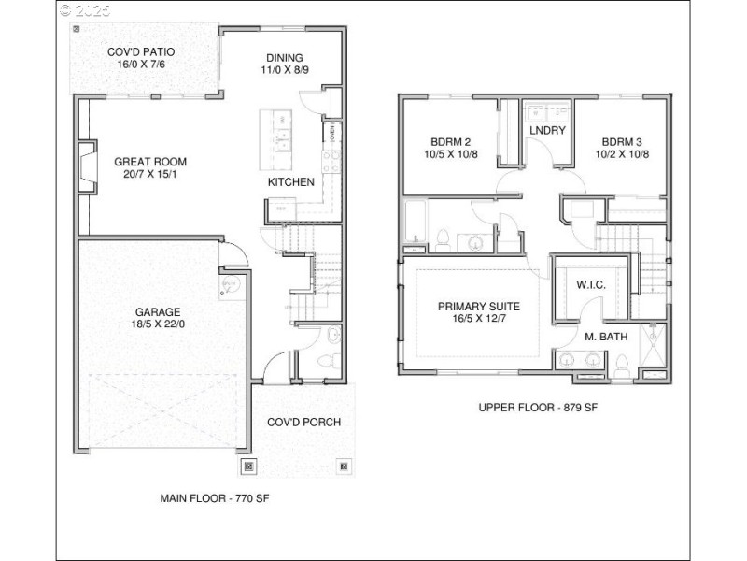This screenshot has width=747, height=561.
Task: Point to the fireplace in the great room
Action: pyautogui.click(x=86, y=166)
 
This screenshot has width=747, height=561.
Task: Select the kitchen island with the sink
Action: pyautogui.click(x=276, y=134)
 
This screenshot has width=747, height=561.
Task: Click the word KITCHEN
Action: pyautogui.click(x=291, y=182)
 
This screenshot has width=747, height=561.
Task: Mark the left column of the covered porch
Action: pyautogui.click(x=247, y=466)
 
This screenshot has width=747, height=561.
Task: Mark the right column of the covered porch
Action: pyautogui.click(x=344, y=466)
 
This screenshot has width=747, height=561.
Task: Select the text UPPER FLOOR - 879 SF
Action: pyautogui.click(x=537, y=407)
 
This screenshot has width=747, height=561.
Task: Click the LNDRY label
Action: pyautogui.click(x=547, y=130)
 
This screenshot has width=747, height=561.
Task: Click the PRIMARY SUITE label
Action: pyautogui.click(x=479, y=306)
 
